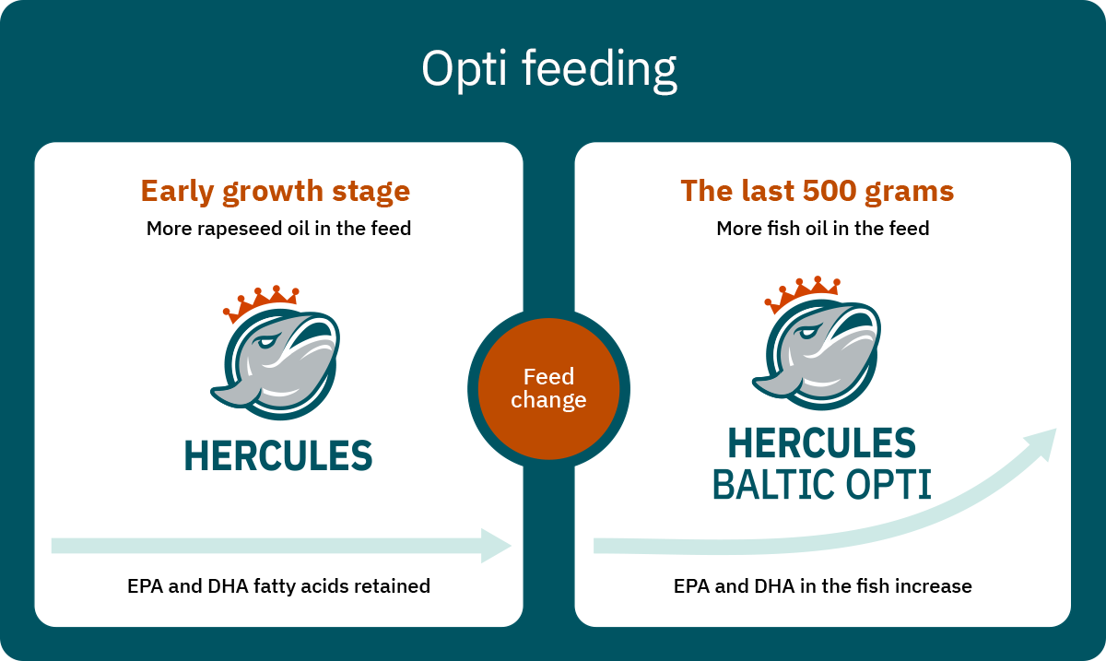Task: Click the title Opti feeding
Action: point(549,69)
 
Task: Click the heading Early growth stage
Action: point(276,192)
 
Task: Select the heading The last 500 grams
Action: point(818,191)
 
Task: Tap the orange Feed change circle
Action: point(548,389)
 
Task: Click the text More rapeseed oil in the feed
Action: point(279,229)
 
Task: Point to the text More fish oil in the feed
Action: point(822,229)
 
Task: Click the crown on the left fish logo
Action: point(261,302)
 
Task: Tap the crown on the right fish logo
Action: point(803,293)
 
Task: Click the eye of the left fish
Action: point(265,342)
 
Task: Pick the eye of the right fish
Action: point(807,333)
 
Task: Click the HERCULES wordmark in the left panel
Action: point(278,455)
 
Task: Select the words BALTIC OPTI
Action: point(822,484)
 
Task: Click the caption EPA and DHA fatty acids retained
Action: point(279,586)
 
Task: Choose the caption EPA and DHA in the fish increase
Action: point(822,586)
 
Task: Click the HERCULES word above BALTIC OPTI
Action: point(822,443)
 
